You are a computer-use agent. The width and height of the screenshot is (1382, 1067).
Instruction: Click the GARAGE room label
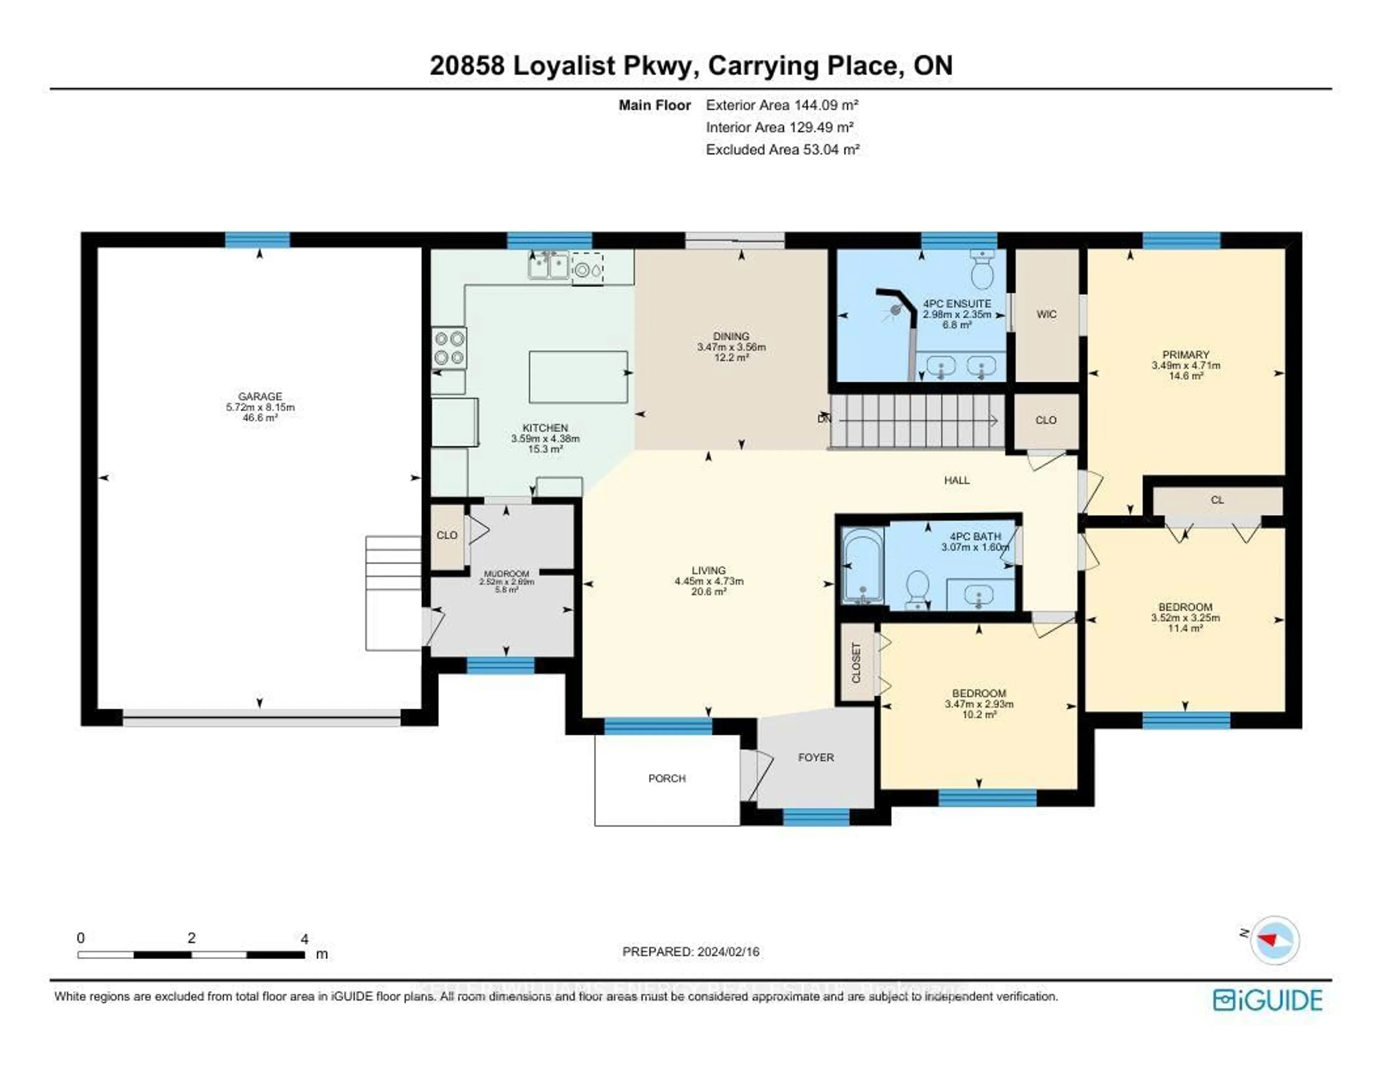click(x=260, y=397)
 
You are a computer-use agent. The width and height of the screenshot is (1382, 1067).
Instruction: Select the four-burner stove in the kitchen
click(x=449, y=348)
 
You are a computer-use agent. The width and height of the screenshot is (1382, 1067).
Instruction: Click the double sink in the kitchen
click(x=548, y=266)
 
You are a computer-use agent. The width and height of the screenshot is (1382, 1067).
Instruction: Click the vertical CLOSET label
click(x=856, y=663)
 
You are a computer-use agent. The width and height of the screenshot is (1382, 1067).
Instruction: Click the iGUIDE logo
click(x=1268, y=1000)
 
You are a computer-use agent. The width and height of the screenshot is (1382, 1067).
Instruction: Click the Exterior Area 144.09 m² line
click(x=782, y=105)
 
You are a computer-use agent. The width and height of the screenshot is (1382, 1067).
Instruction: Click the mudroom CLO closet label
click(x=447, y=535)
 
